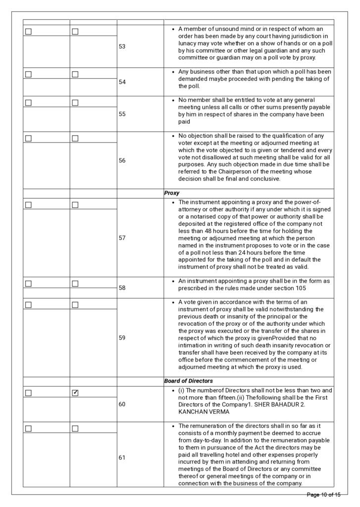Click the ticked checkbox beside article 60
point(75,393)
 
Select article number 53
point(122,47)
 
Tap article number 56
point(122,160)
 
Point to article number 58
point(122,287)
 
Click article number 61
point(122,457)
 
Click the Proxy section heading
point(172,193)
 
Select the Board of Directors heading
point(189,381)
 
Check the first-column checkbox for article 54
point(28,74)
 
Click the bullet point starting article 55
point(172,100)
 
